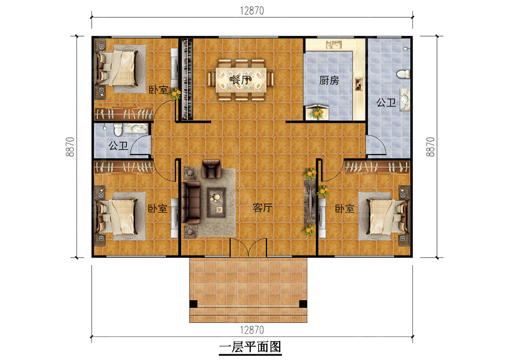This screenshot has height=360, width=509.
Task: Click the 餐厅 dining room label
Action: (241, 80)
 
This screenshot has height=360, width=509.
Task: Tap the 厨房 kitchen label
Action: (329, 80)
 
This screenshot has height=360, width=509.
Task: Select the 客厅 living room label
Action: (262, 208)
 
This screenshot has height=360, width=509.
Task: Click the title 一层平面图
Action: (250, 347)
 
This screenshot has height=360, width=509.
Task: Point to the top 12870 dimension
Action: (252, 11)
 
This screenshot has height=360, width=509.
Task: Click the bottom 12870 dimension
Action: (252, 330)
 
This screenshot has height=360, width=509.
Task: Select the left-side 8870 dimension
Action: (70, 147)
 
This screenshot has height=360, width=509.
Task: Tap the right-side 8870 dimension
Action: (430, 147)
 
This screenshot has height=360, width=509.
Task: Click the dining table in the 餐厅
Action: (241, 79)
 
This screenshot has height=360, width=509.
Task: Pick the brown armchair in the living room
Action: (211, 168)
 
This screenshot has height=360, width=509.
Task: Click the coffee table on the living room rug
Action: (216, 202)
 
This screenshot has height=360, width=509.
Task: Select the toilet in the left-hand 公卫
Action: (118, 129)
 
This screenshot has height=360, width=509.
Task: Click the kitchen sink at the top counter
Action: (334, 45)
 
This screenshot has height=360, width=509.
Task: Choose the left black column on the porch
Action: (194, 304)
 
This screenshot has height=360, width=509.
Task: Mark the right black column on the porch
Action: (303, 304)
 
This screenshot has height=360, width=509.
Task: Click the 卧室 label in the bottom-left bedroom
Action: (158, 208)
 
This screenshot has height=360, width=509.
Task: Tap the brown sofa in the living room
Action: (191, 202)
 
